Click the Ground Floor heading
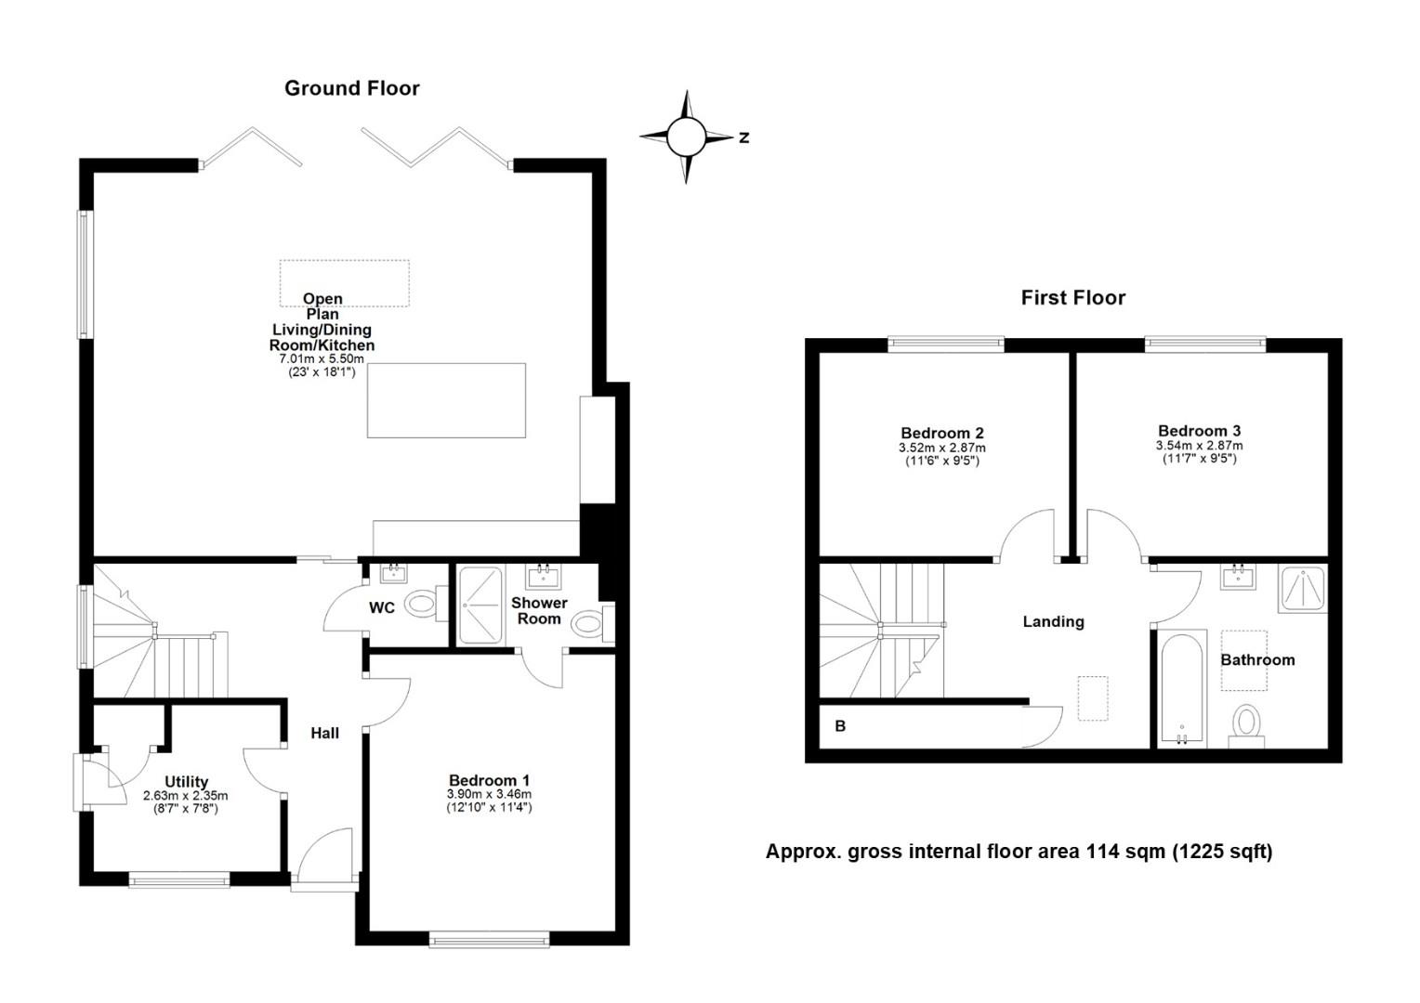pos(352,89)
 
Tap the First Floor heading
pos(1073,298)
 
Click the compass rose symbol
pos(687,137)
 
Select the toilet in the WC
pos(425,604)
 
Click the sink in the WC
pos(394,573)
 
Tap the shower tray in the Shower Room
pos(480,606)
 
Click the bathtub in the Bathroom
pos(1182,688)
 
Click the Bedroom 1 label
pos(489,780)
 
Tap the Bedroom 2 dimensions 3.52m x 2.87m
pos(942,448)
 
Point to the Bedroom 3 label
pos(1200,431)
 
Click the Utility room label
pos(187,782)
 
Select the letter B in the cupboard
pos(841,726)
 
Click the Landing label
pos(1054,621)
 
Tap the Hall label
pos(324,733)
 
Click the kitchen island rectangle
pos(446,400)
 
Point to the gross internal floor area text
pos(1019,852)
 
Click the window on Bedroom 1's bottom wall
pos(490,939)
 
